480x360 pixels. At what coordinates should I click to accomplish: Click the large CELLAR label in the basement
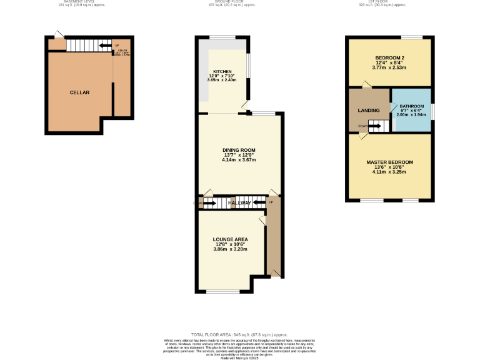pos(79,92)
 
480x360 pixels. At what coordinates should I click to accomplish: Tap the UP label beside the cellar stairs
pos(117,46)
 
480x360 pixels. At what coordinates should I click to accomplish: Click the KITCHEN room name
pos(222,71)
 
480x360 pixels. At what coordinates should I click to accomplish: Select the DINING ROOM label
pos(239,150)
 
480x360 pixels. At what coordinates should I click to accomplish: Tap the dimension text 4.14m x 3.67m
pos(239,161)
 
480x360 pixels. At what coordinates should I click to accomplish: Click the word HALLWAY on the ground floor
pos(239,203)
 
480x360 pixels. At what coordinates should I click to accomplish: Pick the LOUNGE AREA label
pos(231,239)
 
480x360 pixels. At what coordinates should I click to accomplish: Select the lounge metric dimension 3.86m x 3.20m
pos(231,249)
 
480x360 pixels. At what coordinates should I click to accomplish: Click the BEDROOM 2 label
pos(389,57)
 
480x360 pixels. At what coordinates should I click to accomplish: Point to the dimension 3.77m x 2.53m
pos(389,67)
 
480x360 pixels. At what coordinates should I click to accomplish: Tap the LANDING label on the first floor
pos(368,111)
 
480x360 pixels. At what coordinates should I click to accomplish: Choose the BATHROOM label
pos(412,107)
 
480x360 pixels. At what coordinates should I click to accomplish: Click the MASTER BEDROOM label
pos(389,162)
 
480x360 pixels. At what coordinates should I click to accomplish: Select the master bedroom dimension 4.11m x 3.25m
pos(389,172)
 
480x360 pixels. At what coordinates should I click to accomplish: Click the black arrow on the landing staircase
pos(375,126)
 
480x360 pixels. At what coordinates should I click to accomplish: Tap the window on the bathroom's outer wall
pos(432,110)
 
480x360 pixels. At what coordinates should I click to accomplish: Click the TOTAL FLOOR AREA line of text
pos(239,335)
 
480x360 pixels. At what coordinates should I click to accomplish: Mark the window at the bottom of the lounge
pos(222,291)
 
